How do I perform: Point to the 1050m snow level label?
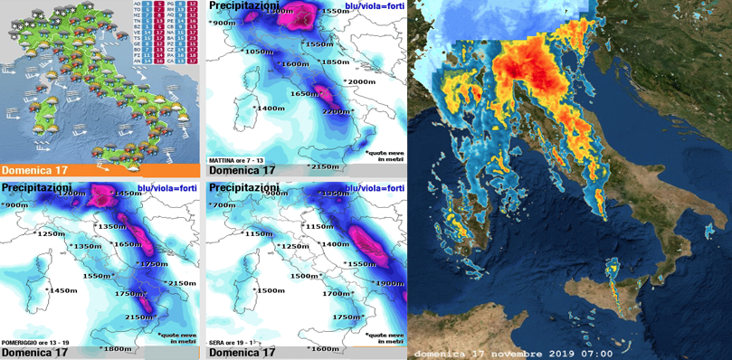(x=258, y=52)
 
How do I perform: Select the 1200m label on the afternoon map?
(x=70, y=194)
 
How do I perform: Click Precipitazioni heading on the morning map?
(x=245, y=6)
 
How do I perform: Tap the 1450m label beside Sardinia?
(x=63, y=290)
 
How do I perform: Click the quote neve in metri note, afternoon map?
(x=176, y=336)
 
